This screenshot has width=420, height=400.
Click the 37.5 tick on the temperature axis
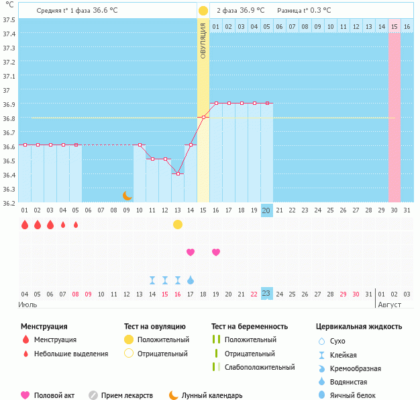tap(9, 19)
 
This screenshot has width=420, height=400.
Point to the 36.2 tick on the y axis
tap(9, 203)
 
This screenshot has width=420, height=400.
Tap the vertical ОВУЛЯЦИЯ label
tap(203, 40)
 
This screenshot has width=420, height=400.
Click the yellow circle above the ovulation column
tap(203, 11)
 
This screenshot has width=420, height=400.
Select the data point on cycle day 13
tap(178, 173)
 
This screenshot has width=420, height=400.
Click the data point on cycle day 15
tap(203, 117)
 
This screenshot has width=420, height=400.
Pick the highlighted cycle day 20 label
tap(266, 210)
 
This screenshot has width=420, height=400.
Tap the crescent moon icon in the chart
tap(127, 196)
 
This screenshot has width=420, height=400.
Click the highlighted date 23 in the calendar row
tap(266, 293)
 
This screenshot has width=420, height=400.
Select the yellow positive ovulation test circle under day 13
tap(178, 225)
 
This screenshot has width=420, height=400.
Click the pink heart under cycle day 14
tap(191, 252)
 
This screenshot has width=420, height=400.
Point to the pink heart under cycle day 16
tap(216, 252)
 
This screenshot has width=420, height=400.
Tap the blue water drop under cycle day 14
tap(191, 280)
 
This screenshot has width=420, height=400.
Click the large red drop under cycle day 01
tap(25, 225)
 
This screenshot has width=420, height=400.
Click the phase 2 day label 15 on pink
tap(395, 26)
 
